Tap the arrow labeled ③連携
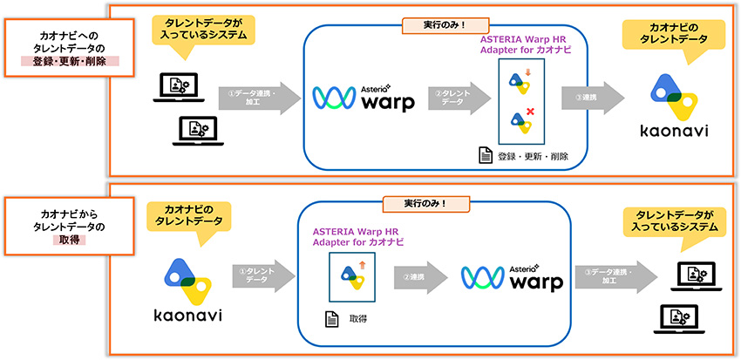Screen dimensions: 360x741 (x=592, y=98)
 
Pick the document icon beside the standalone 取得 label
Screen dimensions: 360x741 (x=331, y=320)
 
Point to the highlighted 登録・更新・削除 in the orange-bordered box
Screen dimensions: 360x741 (x=69, y=62)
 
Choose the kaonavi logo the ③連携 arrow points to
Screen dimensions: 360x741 (x=671, y=105)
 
